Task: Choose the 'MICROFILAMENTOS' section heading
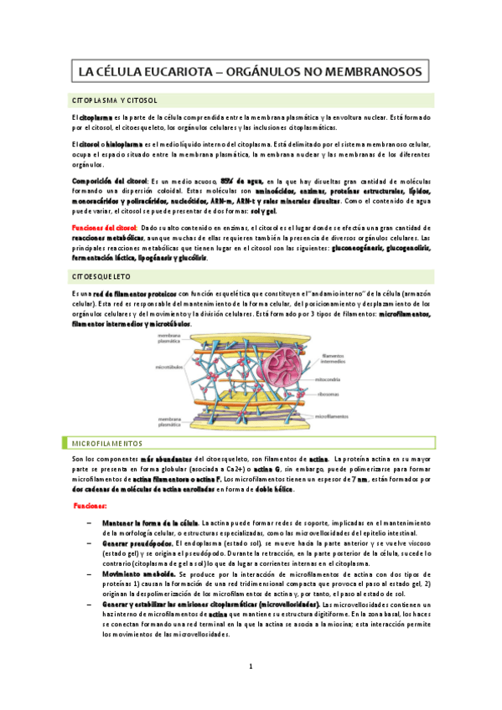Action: (106, 443)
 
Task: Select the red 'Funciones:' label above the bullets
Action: (89, 507)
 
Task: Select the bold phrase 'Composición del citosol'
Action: (109, 181)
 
